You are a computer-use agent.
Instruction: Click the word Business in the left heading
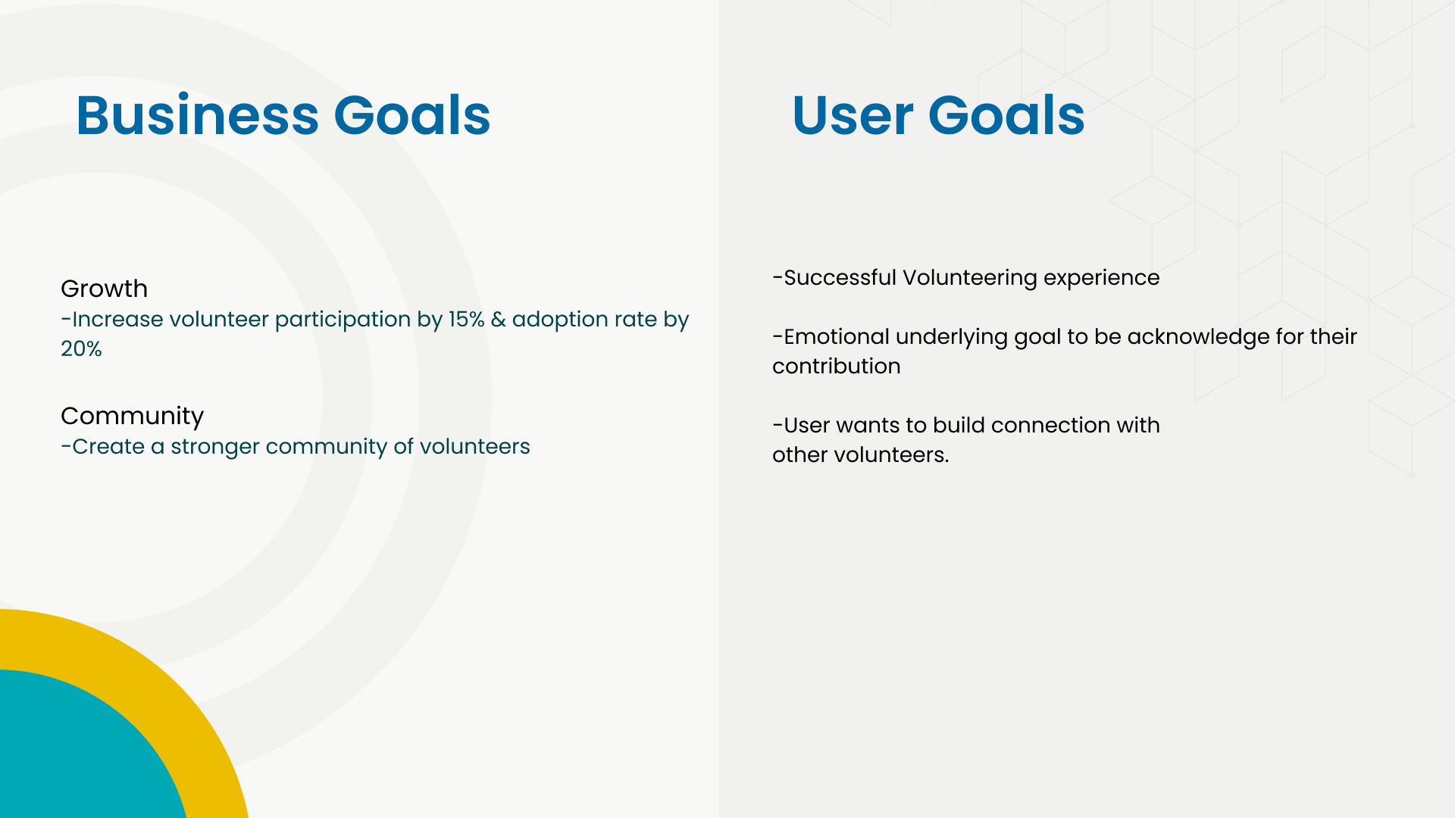tap(198, 115)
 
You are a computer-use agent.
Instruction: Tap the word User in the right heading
tap(853, 115)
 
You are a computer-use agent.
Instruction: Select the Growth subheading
tap(104, 289)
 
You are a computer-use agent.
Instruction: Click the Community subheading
tap(132, 417)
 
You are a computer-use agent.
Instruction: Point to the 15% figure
tap(466, 319)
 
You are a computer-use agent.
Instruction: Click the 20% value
tap(81, 348)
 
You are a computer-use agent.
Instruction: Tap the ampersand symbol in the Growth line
tap(498, 319)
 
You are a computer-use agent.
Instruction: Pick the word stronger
tap(214, 447)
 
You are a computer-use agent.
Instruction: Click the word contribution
tap(837, 366)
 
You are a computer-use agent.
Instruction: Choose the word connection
tap(1050, 425)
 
